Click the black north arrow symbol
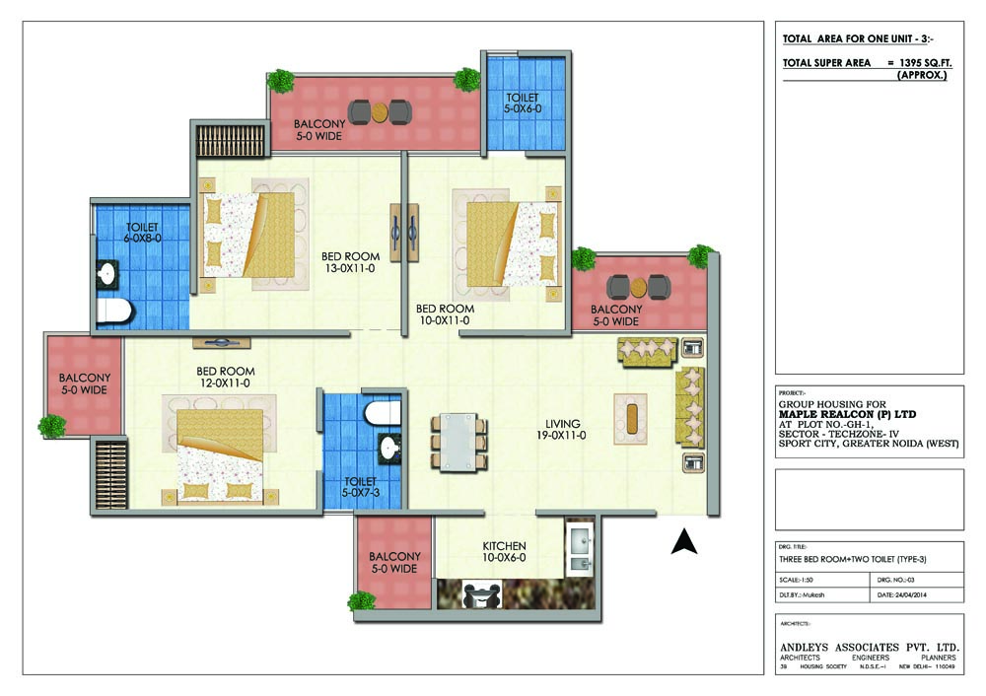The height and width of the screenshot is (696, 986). click(684, 540)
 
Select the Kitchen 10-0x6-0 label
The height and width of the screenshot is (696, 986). click(504, 552)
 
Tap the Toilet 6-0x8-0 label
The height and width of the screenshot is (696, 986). click(141, 232)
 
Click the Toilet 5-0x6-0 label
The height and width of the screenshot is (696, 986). click(523, 104)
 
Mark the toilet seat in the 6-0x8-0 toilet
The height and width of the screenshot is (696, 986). click(114, 311)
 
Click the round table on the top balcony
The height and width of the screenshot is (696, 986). click(380, 111)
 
